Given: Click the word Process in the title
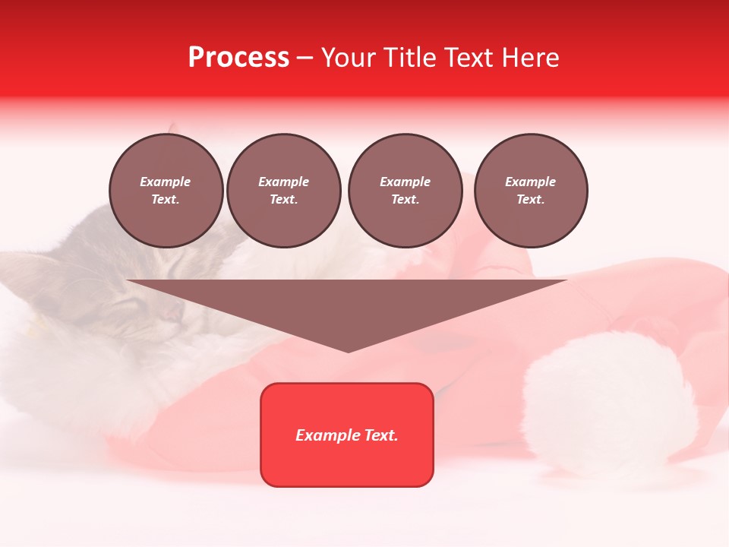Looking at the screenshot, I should [x=238, y=58].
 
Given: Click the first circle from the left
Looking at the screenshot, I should [x=166, y=191].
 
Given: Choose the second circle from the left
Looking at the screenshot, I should [x=284, y=191].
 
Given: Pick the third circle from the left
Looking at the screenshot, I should [x=406, y=191].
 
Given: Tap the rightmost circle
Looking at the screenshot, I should [x=531, y=191].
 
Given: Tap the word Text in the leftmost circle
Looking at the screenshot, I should [x=165, y=200].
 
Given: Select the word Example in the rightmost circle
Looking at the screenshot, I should [x=530, y=182].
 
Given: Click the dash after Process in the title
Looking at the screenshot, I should [x=305, y=58].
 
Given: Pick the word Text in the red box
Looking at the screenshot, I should [x=381, y=435].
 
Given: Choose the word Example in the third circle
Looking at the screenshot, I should [x=405, y=182].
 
